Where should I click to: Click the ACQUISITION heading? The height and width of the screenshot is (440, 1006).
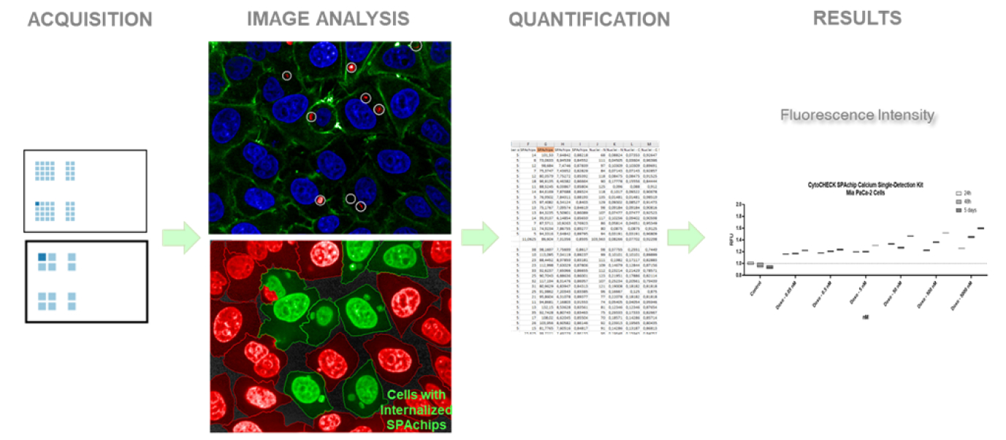pyautogui.click(x=90, y=20)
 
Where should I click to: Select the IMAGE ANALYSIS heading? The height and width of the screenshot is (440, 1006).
pyautogui.click(x=328, y=19)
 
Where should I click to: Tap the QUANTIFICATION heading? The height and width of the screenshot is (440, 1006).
pyautogui.click(x=589, y=20)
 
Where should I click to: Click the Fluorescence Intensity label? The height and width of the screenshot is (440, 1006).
pyautogui.click(x=858, y=115)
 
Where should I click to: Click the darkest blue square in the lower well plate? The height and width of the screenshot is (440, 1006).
pyautogui.click(x=42, y=257)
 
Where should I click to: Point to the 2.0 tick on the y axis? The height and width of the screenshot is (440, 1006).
pyautogui.click(x=739, y=204)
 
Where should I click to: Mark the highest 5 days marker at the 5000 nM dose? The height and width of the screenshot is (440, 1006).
pyautogui.click(x=980, y=228)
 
